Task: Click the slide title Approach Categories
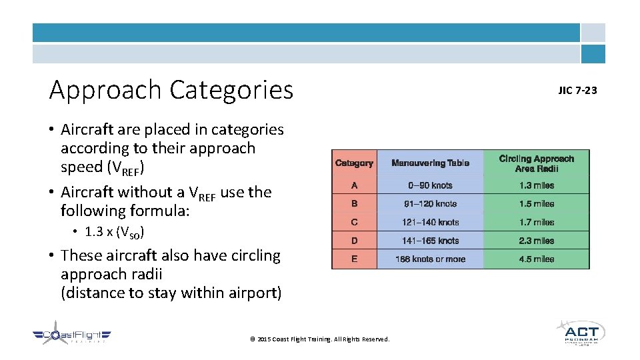click(171, 89)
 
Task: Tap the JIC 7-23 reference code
click(577, 90)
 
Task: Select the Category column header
click(354, 163)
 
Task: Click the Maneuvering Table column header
click(430, 163)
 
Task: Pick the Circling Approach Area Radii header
click(536, 163)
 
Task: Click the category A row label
click(354, 185)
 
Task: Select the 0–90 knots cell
click(430, 185)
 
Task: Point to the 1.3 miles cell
click(536, 185)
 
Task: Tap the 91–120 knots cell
click(430, 204)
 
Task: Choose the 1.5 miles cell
click(536, 204)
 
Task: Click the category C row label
click(354, 222)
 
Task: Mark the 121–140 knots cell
click(430, 222)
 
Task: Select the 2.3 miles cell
click(536, 241)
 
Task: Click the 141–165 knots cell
click(430, 241)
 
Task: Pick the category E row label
click(354, 259)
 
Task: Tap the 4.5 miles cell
click(536, 259)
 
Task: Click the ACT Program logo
click(580, 333)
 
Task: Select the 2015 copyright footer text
click(319, 339)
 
